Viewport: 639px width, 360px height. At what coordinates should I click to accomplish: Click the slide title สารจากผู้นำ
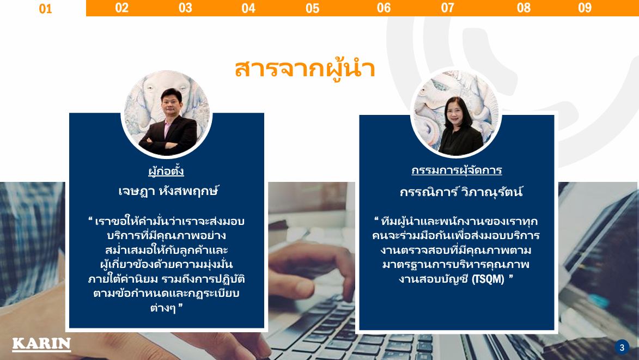305,69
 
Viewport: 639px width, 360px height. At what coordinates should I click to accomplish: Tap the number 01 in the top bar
45,9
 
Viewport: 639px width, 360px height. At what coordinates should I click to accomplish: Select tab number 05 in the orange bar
313,8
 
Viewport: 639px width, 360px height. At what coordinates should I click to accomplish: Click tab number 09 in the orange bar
585,8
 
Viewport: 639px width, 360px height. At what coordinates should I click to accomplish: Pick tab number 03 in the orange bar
185,8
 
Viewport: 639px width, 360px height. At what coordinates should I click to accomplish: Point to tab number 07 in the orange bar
447,8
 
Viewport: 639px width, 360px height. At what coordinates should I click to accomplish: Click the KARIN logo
41,344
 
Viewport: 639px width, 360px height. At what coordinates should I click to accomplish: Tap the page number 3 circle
622,347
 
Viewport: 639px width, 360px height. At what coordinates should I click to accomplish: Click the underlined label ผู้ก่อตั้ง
166,170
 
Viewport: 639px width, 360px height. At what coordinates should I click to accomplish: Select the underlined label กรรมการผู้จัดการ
457,170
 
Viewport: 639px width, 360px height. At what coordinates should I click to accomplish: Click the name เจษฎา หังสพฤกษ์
169,191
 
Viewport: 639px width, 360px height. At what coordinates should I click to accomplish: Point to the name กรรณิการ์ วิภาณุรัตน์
461,191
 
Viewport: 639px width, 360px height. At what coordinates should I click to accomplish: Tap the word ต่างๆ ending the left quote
163,308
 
